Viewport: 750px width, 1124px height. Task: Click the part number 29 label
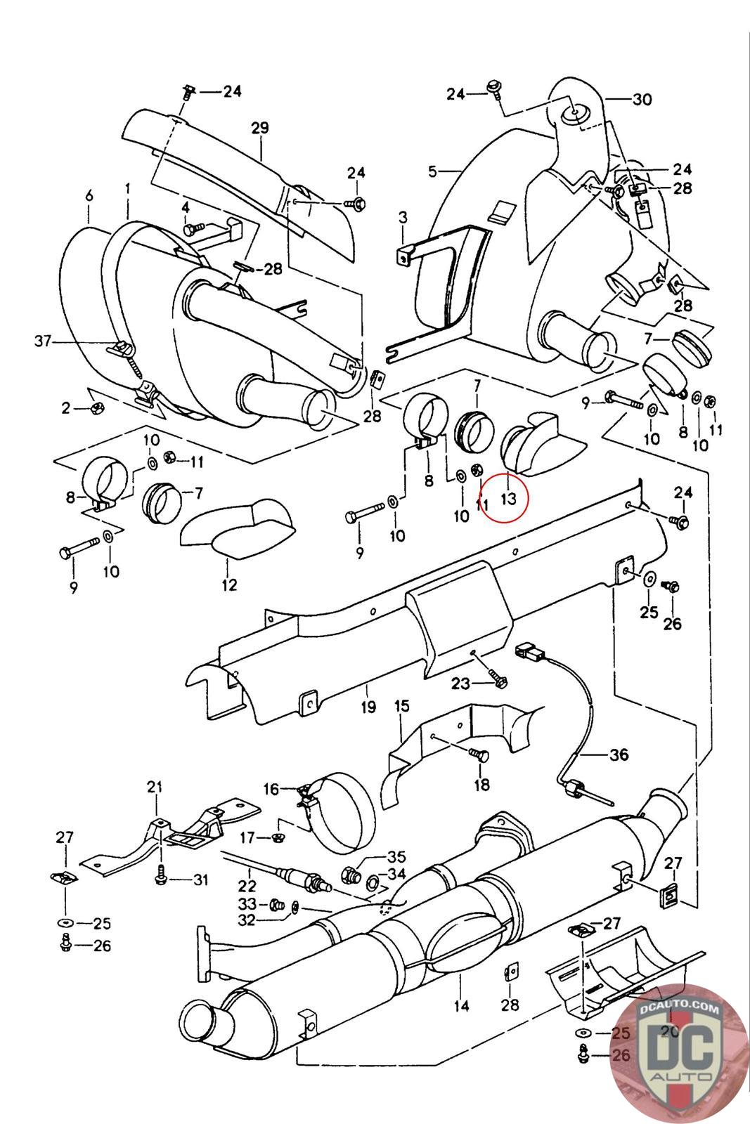(x=259, y=128)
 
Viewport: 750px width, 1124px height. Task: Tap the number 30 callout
(x=642, y=100)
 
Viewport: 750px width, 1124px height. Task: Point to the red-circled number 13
(x=508, y=498)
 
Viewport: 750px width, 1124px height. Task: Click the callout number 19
(x=368, y=707)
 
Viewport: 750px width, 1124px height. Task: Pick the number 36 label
(x=619, y=755)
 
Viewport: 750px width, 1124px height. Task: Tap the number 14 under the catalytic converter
(x=461, y=1005)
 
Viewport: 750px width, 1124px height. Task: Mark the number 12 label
(x=229, y=584)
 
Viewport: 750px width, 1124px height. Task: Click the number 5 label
(x=433, y=171)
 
